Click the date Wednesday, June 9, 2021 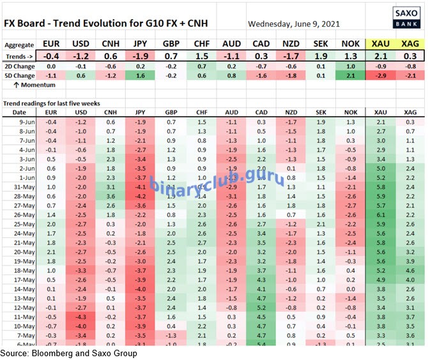[x=293, y=24]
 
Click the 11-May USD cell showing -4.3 [x=80, y=317]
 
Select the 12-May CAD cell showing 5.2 [x=261, y=307]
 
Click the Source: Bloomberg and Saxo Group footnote [x=68, y=353]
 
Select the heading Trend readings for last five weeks [x=51, y=103]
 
